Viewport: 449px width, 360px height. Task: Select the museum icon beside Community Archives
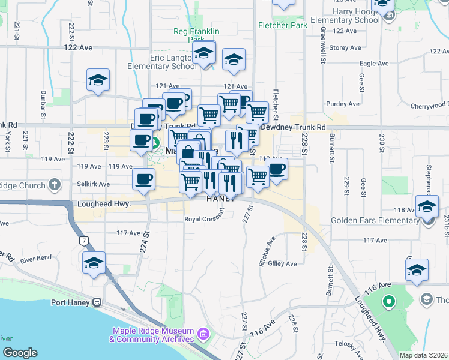pos(203,333)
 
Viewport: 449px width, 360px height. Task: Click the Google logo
pos(19,352)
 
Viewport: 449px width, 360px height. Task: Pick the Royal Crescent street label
pos(207,219)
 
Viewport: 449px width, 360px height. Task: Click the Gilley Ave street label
pos(283,263)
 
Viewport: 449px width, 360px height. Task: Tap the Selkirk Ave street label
pos(94,184)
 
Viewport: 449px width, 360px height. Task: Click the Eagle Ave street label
pos(375,63)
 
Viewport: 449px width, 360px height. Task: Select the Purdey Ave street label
pos(343,104)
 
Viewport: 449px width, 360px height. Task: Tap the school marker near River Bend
pos(94,263)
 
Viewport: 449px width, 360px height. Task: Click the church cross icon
pos(54,185)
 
